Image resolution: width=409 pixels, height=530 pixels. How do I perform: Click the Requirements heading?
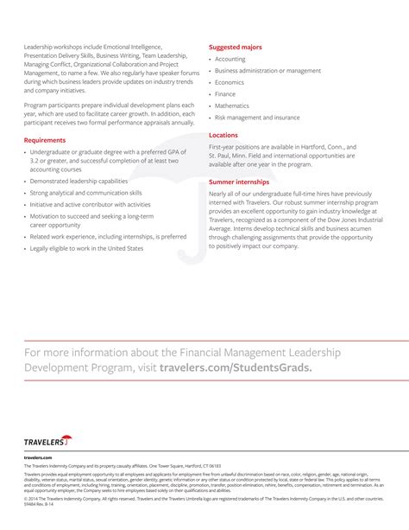tap(44, 139)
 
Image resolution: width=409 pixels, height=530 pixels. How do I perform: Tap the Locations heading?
tap(223, 135)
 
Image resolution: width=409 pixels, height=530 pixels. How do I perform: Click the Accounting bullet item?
tap(230, 59)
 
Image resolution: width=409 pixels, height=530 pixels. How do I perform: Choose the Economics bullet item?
tap(230, 82)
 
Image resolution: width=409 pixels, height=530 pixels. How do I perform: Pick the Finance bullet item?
tap(225, 94)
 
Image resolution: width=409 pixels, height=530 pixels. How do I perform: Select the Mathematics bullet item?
tap(232, 105)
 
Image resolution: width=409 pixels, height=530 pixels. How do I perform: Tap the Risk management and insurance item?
tap(257, 117)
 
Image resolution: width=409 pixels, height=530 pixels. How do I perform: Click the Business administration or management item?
tap(267, 71)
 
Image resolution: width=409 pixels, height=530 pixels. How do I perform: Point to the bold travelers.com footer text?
tap(38, 457)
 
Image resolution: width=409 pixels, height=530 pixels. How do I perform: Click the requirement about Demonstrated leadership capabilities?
tap(79, 182)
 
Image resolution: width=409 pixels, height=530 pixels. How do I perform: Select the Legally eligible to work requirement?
tap(86, 248)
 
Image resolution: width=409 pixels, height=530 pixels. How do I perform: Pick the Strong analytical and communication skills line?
tap(85, 193)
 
